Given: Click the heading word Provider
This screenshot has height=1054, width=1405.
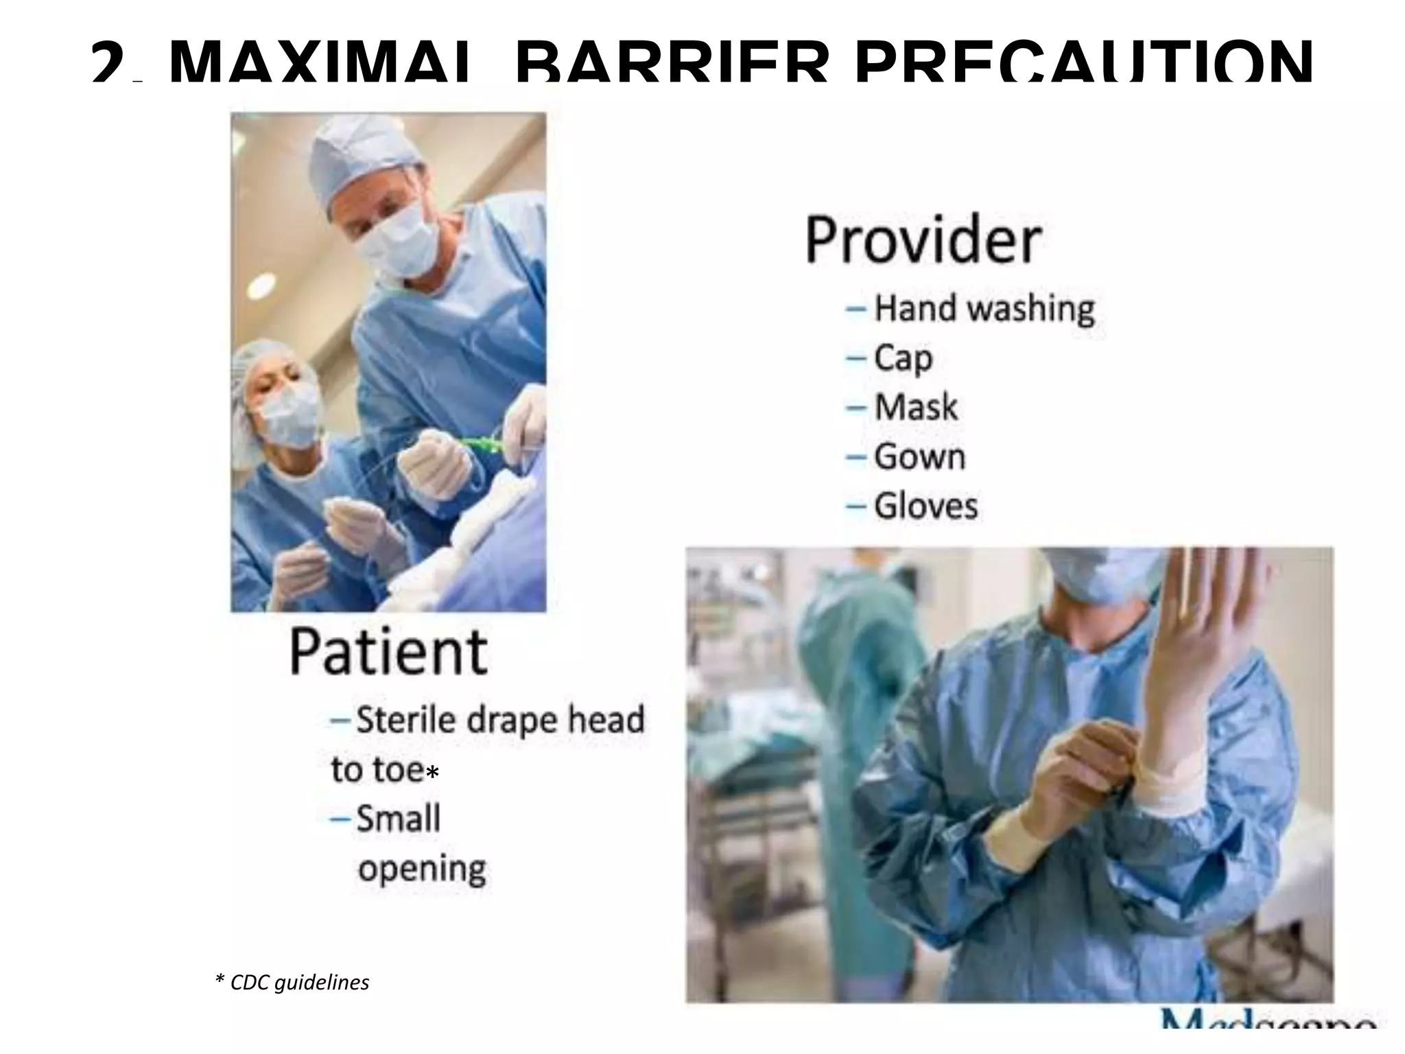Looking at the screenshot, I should click(x=923, y=240).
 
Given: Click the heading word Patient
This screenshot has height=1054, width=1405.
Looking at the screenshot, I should click(x=388, y=652).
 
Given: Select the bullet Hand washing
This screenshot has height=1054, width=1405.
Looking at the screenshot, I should click(x=983, y=309).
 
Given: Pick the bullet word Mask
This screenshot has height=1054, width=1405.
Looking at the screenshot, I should click(x=915, y=408).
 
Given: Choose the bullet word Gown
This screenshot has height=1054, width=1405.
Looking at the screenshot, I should click(x=919, y=457).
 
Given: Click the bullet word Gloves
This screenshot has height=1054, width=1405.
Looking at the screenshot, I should click(x=925, y=506).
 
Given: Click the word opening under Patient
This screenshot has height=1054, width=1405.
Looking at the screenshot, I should click(x=422, y=869).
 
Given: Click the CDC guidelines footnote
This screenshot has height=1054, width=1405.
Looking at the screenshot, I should click(x=292, y=983).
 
